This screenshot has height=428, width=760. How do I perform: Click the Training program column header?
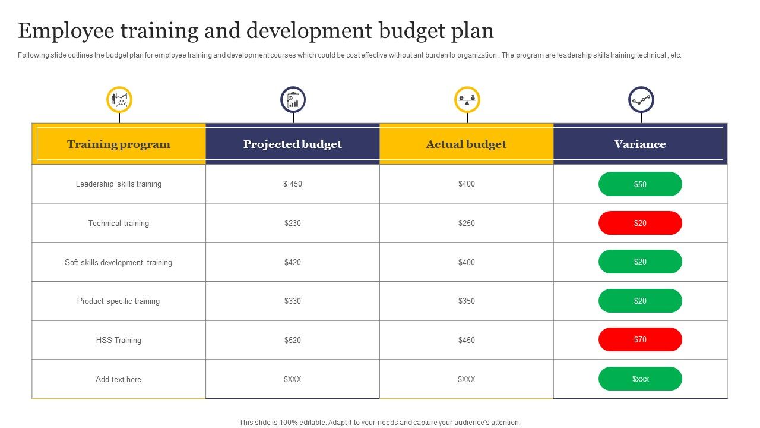[x=119, y=144]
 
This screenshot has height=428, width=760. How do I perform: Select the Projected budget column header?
[x=293, y=144]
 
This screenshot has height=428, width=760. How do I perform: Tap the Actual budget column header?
[x=466, y=144]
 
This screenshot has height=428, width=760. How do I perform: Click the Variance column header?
[x=640, y=144]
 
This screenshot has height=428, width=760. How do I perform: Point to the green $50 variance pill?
[x=640, y=184]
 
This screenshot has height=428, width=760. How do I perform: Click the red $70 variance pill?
[x=640, y=339]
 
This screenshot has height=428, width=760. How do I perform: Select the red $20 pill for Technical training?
[x=640, y=223]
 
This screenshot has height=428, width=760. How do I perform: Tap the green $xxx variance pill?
[x=640, y=379]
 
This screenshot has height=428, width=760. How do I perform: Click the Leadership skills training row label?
[x=119, y=184]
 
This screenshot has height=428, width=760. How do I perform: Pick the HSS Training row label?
[x=119, y=340]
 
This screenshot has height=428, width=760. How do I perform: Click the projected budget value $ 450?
[x=293, y=184]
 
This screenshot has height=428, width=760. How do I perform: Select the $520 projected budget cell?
[x=293, y=340]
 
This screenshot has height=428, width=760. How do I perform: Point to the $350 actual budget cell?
[x=467, y=301]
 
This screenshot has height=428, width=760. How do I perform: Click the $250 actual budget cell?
[x=467, y=223]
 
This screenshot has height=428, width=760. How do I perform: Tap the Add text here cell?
[x=119, y=379]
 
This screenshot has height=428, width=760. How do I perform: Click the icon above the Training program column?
[x=119, y=99]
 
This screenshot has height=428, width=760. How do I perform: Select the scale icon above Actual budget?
[x=467, y=99]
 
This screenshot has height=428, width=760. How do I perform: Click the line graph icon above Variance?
[x=641, y=99]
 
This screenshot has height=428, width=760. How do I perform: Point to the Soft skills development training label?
[x=119, y=262]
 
